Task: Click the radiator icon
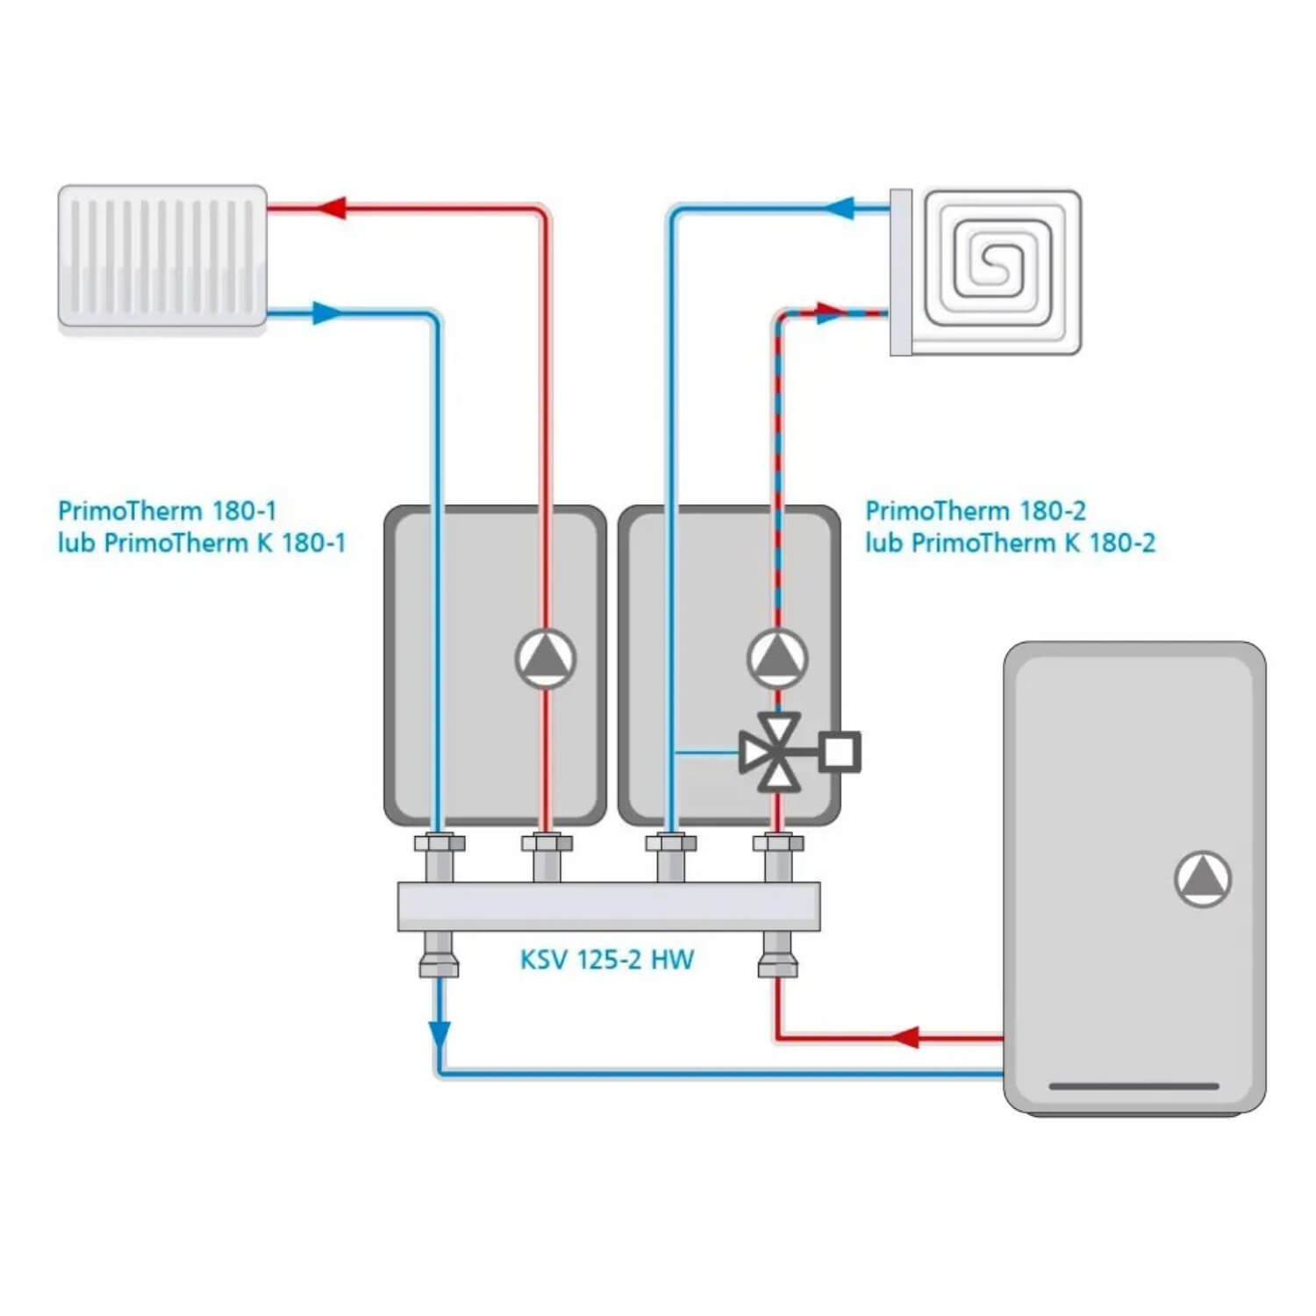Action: coord(162,256)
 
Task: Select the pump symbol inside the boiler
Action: coord(1203,879)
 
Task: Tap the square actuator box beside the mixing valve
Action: coord(840,753)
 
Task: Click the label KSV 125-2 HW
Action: coord(607,960)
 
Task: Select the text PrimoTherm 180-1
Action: coord(167,511)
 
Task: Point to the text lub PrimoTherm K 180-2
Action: coord(1010,543)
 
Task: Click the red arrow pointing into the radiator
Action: coord(332,208)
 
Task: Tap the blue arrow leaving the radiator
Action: coord(326,312)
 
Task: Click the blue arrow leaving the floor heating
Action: coord(840,208)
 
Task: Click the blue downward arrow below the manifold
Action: coord(440,1033)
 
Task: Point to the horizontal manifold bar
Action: coord(609,906)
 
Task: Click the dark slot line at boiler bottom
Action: coord(1134,1086)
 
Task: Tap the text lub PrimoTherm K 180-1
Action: coord(202,543)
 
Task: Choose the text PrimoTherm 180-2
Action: coord(976,511)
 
